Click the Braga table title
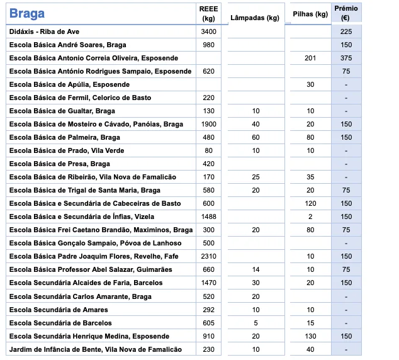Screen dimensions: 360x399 click(x=27, y=14)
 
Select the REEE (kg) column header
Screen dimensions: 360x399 click(x=208, y=13)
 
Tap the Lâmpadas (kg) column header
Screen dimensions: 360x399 click(x=255, y=18)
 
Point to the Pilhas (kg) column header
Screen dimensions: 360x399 click(x=310, y=14)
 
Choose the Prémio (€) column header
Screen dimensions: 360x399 click(x=346, y=13)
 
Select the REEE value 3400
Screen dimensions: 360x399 click(x=208, y=31)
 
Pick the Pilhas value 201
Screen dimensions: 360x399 click(x=310, y=58)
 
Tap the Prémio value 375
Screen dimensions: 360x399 click(x=346, y=58)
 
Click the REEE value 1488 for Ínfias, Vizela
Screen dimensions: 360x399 click(x=208, y=217)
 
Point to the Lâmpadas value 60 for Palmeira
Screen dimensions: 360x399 click(x=256, y=137)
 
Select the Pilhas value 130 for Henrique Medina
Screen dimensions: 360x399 click(x=310, y=336)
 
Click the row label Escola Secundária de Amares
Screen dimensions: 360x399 click(x=59, y=310)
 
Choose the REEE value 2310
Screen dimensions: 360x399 click(x=208, y=256)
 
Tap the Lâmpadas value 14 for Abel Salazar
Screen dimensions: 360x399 click(x=256, y=269)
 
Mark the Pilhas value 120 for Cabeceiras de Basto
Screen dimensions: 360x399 click(x=310, y=203)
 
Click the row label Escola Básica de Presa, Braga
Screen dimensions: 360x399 click(x=59, y=164)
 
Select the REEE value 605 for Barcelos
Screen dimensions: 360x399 click(x=208, y=323)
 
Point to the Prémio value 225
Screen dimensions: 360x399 click(x=346, y=31)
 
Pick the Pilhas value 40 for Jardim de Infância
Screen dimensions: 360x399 click(x=310, y=349)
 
